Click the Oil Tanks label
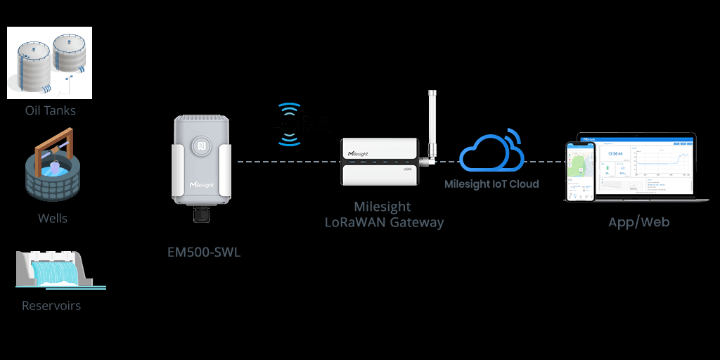[50, 110]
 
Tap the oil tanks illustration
[50, 63]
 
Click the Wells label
[53, 218]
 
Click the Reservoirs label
[51, 306]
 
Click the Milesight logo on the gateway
[363, 152]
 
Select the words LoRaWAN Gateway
[384, 222]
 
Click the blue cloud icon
[491, 150]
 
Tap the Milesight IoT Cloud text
[491, 184]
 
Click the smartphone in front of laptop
[581, 172]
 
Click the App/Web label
[638, 222]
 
